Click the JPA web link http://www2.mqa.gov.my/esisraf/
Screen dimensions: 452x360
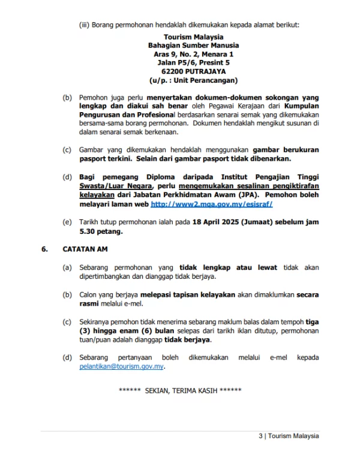tap(211, 204)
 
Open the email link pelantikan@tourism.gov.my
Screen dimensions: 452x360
tap(122, 366)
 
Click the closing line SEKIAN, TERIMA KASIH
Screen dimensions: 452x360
tap(180, 390)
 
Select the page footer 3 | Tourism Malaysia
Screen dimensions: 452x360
tap(289, 436)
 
